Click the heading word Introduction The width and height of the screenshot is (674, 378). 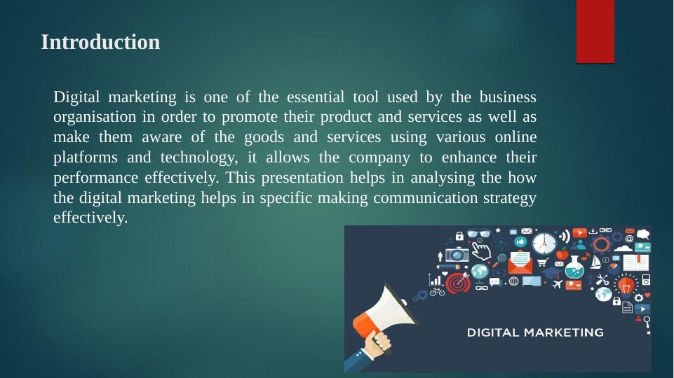(x=100, y=42)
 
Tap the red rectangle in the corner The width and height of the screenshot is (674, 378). (x=595, y=31)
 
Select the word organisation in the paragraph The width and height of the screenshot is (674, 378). (x=95, y=117)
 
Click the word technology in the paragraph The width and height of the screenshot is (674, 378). (x=199, y=157)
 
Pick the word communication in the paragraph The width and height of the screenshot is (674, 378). (x=426, y=197)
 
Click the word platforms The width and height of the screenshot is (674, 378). (x=85, y=157)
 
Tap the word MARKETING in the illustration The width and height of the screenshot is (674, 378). (x=563, y=332)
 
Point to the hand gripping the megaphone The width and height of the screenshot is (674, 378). (x=377, y=342)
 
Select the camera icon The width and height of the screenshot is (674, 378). (x=457, y=254)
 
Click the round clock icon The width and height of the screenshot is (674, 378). (x=544, y=244)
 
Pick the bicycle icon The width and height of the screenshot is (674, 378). (x=438, y=292)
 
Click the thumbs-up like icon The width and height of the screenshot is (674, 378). (x=520, y=241)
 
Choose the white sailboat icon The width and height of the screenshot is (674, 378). (x=595, y=262)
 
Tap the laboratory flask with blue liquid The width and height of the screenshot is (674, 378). (x=574, y=267)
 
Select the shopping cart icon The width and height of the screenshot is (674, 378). (x=542, y=262)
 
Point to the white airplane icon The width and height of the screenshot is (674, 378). (x=557, y=284)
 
